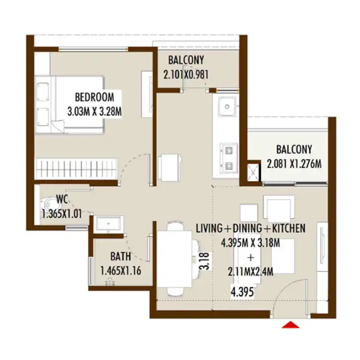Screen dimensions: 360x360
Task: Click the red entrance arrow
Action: point(291,324)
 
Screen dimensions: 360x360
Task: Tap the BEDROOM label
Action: point(94,97)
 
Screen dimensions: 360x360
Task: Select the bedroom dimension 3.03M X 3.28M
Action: point(94,112)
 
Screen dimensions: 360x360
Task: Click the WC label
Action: point(62,199)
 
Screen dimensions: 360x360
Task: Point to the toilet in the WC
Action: point(48,204)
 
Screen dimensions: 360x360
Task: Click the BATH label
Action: point(121,257)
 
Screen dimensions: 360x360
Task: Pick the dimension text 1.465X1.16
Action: point(121,271)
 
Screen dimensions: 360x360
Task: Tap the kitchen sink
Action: point(227,106)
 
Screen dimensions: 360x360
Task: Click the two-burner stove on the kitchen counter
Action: point(228,158)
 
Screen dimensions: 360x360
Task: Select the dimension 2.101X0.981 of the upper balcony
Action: point(186,75)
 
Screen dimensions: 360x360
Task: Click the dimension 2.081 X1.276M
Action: point(294,164)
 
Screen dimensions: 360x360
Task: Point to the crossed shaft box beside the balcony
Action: point(253,172)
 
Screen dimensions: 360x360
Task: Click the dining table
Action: point(174,259)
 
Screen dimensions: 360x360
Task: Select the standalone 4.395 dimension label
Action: point(242,292)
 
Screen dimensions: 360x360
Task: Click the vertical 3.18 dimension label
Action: point(205,261)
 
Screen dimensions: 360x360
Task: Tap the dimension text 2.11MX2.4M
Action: point(251,272)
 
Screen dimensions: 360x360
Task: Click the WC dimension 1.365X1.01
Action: point(62,214)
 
